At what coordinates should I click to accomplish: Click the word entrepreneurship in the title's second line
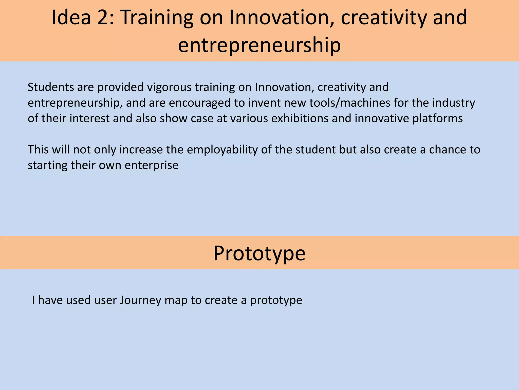click(x=259, y=45)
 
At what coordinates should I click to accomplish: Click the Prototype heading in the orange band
click(x=259, y=253)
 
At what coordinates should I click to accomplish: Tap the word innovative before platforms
click(x=382, y=119)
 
